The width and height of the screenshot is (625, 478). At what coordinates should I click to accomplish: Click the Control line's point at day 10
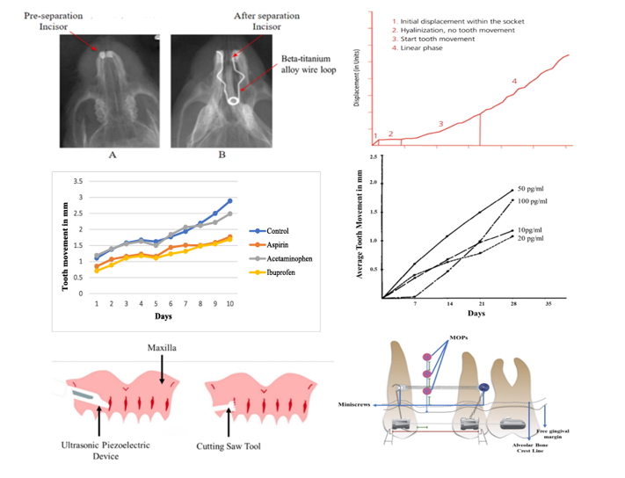tap(229, 201)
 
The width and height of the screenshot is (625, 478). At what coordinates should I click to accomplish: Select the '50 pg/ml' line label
tap(534, 188)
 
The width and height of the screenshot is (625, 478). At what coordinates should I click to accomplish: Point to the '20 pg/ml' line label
tap(534, 238)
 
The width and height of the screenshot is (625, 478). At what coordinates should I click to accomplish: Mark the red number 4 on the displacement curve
tap(515, 81)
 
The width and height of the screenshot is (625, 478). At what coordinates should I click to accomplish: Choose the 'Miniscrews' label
tap(359, 404)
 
